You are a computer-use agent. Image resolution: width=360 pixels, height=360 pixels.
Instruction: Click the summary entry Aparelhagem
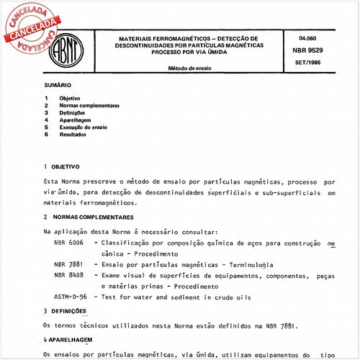(x=75, y=120)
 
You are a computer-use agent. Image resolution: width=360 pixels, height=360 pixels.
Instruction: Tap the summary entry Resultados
(x=74, y=135)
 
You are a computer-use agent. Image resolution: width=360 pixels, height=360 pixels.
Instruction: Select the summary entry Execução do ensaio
(x=83, y=127)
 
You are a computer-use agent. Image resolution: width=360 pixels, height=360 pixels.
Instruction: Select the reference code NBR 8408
(x=68, y=274)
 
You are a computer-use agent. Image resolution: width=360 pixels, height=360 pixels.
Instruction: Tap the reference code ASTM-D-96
(x=71, y=296)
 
